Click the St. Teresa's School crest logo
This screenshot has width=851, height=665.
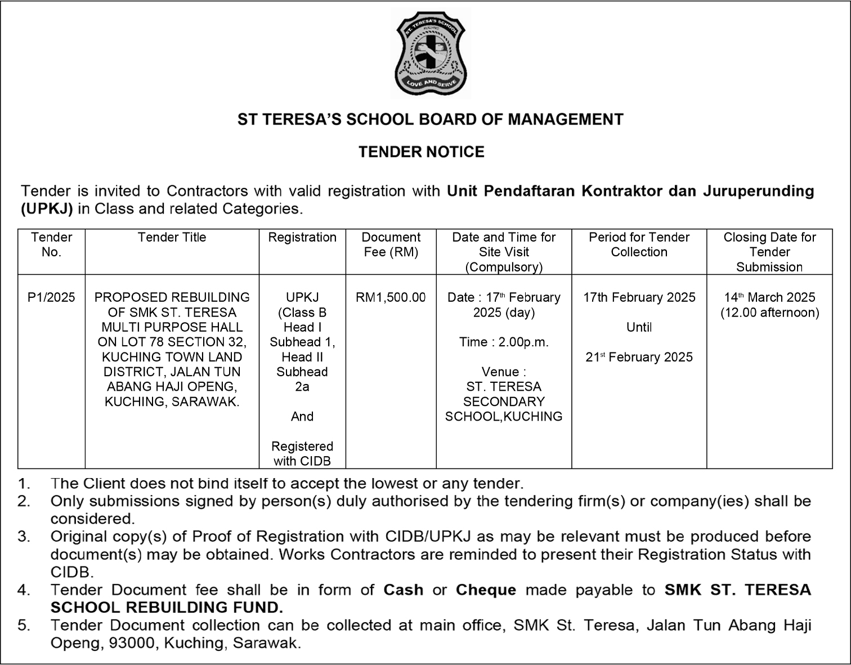(431, 54)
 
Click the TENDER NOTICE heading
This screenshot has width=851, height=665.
(422, 152)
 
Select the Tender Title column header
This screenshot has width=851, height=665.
(172, 238)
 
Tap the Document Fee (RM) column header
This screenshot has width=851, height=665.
(391, 245)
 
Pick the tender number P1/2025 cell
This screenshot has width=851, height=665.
(51, 297)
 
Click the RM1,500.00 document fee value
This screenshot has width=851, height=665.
(391, 297)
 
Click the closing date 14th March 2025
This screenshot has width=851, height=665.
(769, 297)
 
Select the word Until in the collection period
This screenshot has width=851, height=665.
(639, 327)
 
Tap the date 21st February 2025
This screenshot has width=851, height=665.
(639, 357)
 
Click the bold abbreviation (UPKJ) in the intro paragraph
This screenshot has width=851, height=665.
(47, 209)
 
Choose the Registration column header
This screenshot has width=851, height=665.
(302, 238)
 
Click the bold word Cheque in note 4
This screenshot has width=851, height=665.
(486, 590)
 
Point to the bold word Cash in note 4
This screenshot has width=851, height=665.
(403, 590)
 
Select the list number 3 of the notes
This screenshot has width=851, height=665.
(24, 537)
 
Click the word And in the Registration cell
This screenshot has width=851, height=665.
(302, 417)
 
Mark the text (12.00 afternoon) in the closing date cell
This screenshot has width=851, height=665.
(769, 313)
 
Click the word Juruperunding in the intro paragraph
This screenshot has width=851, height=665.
(758, 191)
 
